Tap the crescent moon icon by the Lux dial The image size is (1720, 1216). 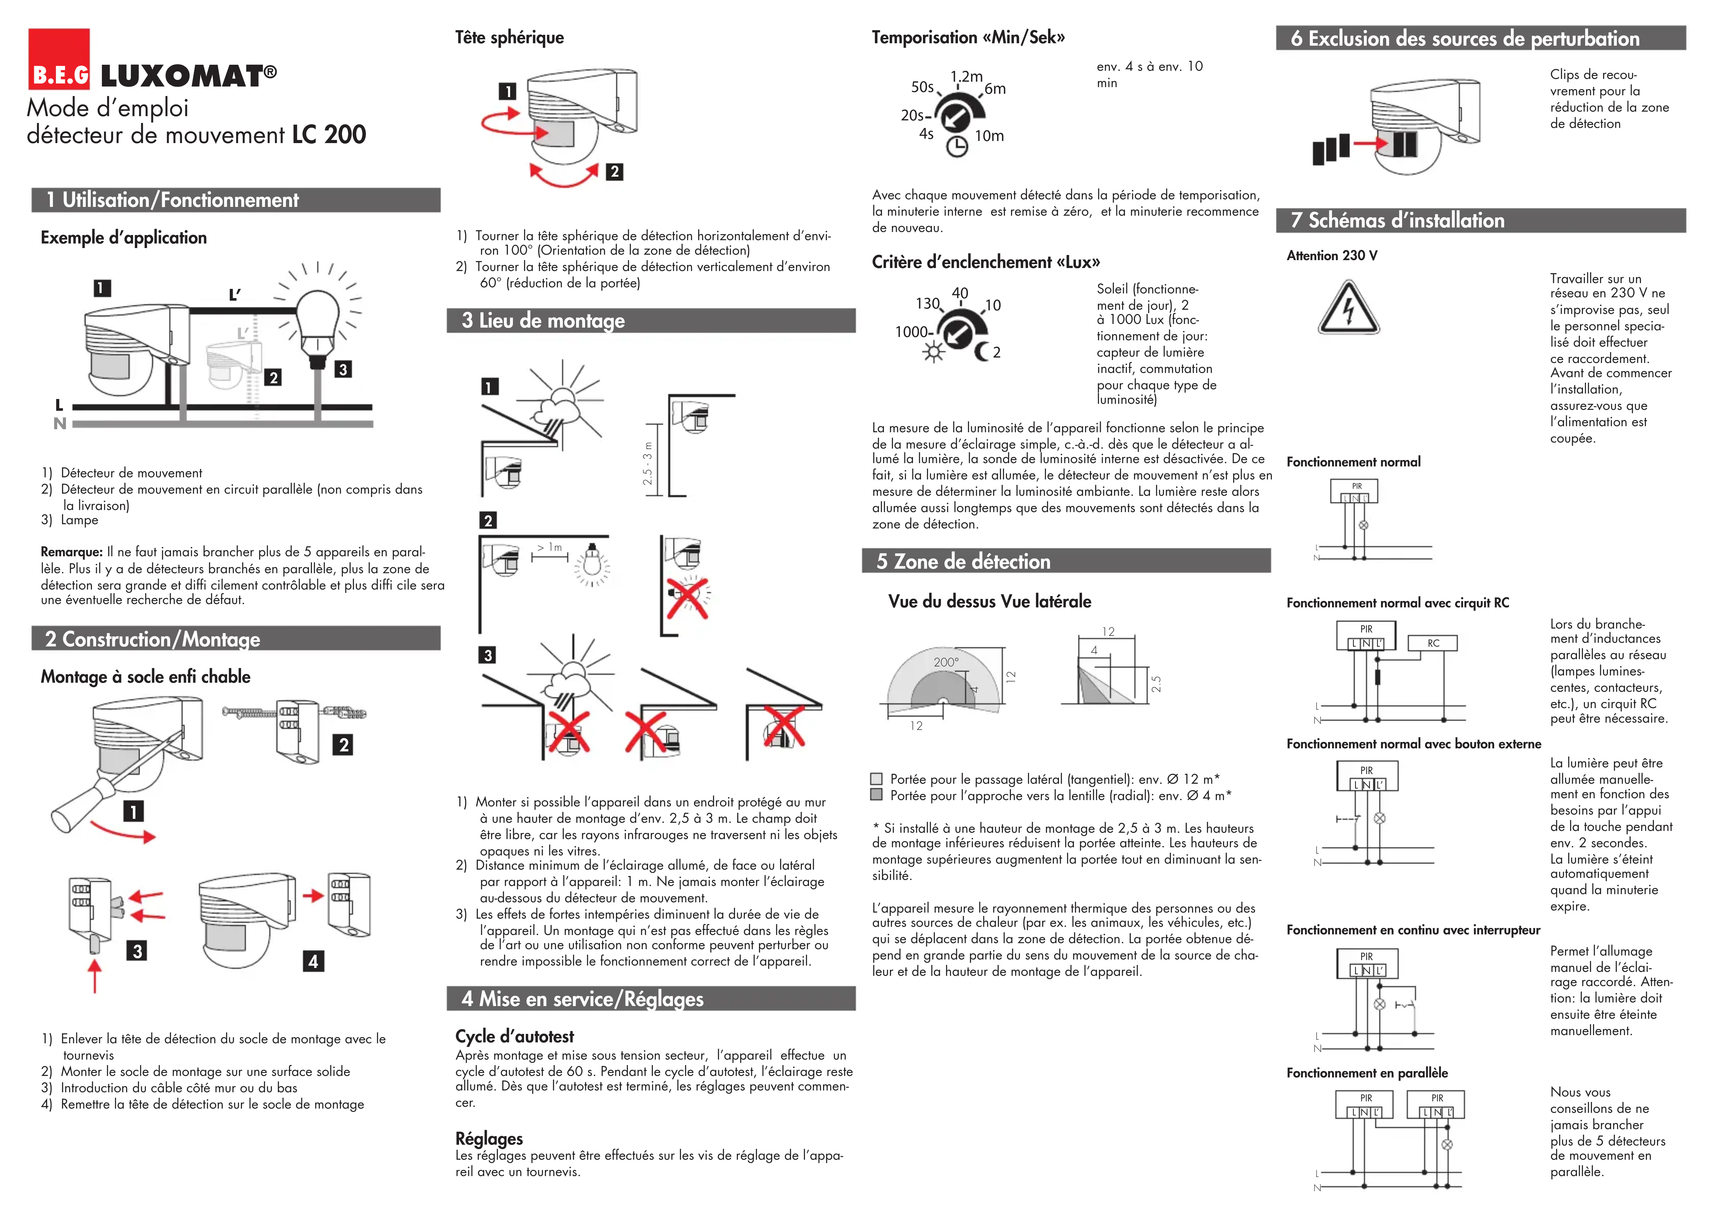[x=981, y=351]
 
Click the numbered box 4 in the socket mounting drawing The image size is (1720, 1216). [x=313, y=961]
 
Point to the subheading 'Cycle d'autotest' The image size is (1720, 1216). [x=515, y=1036]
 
